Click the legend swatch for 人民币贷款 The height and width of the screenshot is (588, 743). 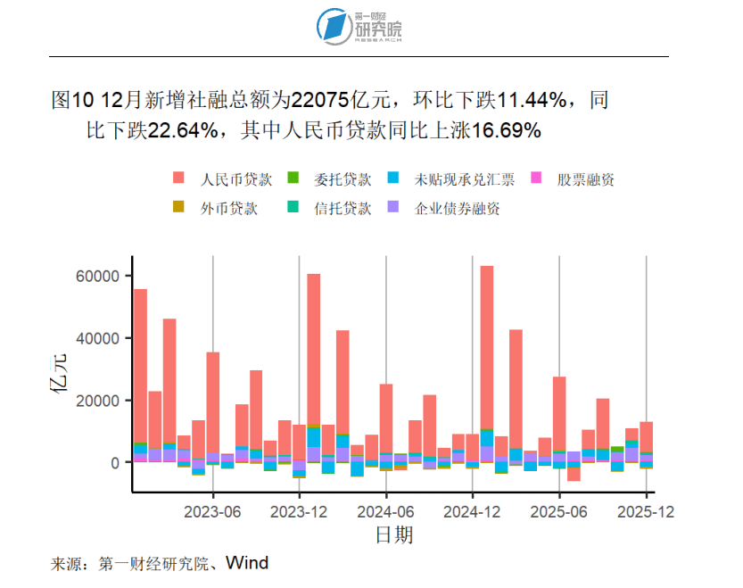[178, 178]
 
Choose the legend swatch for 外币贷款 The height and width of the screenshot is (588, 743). [178, 208]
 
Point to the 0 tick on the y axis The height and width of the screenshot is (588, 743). [115, 463]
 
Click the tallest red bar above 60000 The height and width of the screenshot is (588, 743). [487, 357]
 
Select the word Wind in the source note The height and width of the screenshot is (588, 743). [247, 563]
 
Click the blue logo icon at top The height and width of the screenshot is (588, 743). [335, 27]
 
